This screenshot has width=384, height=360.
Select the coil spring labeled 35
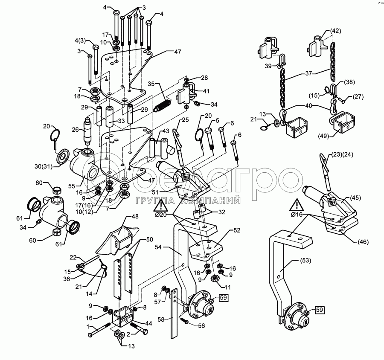point(163,104)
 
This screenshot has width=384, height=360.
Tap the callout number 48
point(135,216)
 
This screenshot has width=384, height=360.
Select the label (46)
point(362,242)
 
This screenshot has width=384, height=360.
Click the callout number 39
point(268,67)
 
